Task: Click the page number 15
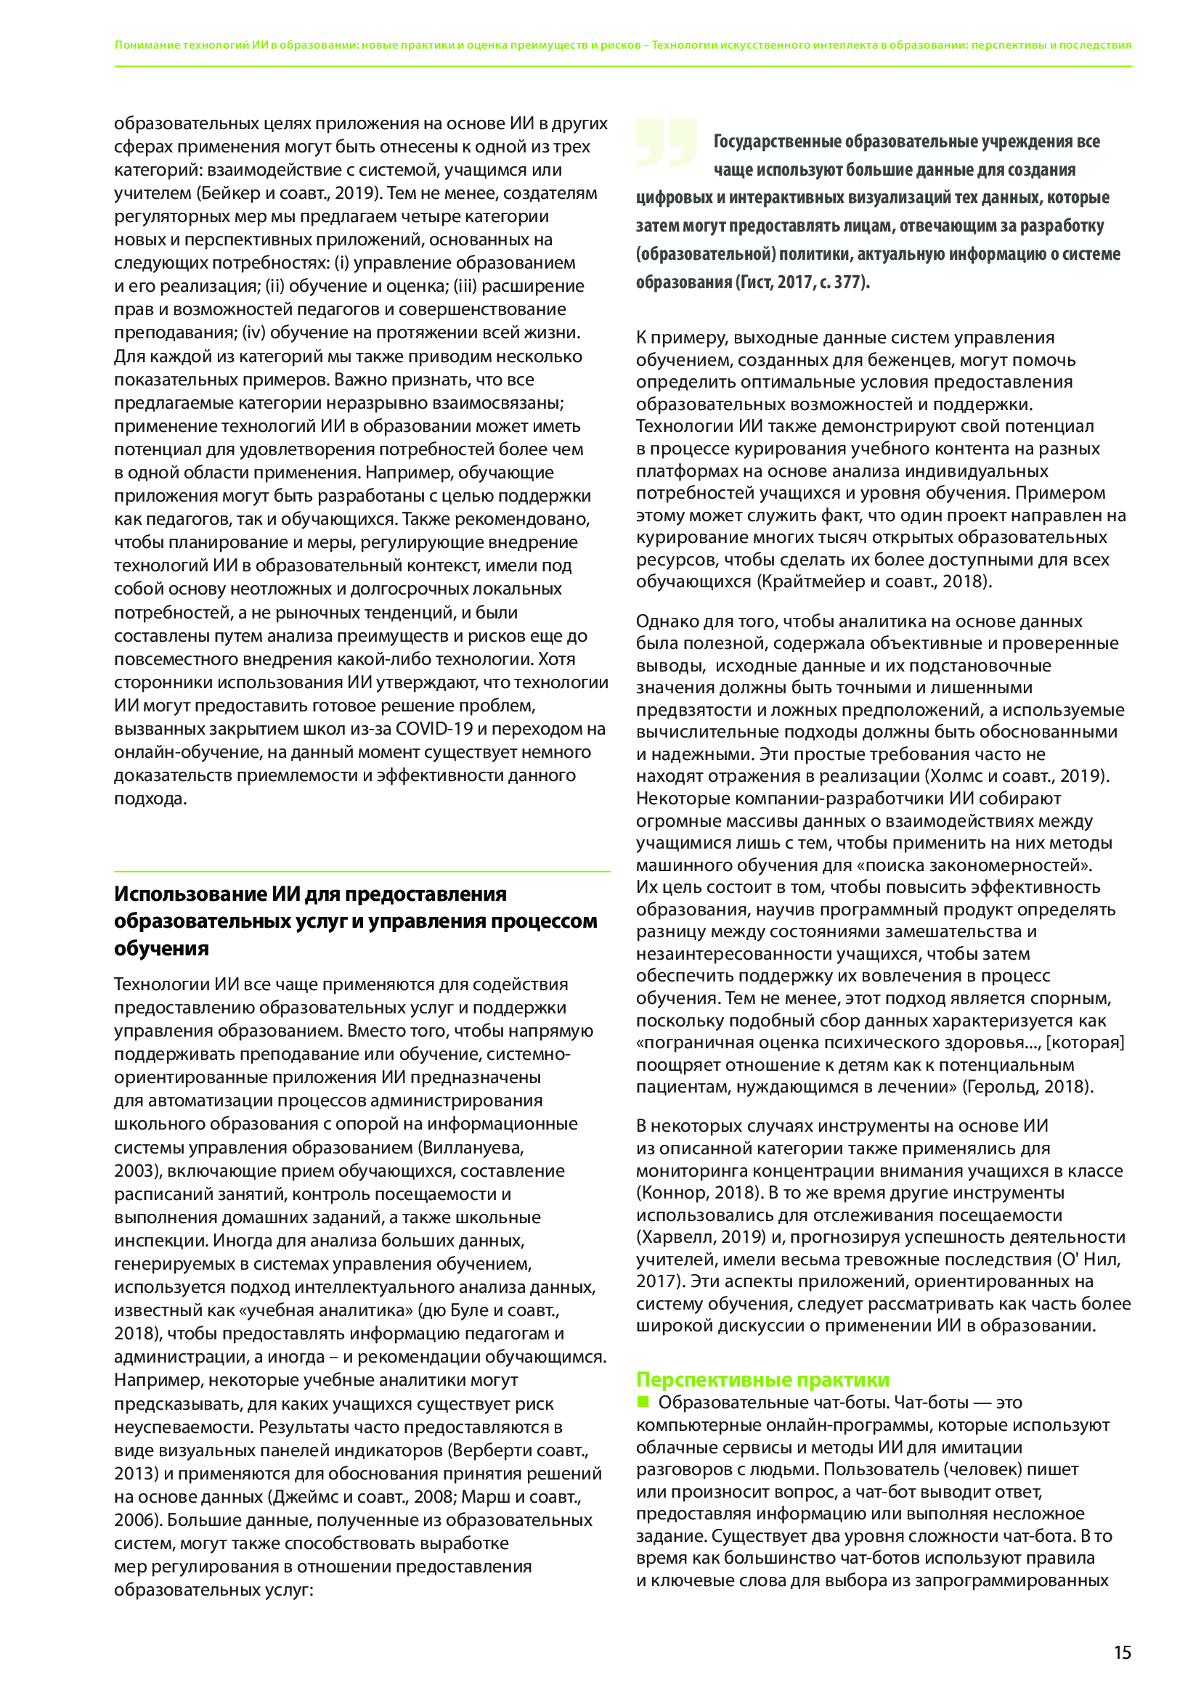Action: point(1122,1652)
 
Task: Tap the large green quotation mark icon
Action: point(666,142)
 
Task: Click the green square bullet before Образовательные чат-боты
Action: point(643,1401)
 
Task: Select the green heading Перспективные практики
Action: point(762,1379)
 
